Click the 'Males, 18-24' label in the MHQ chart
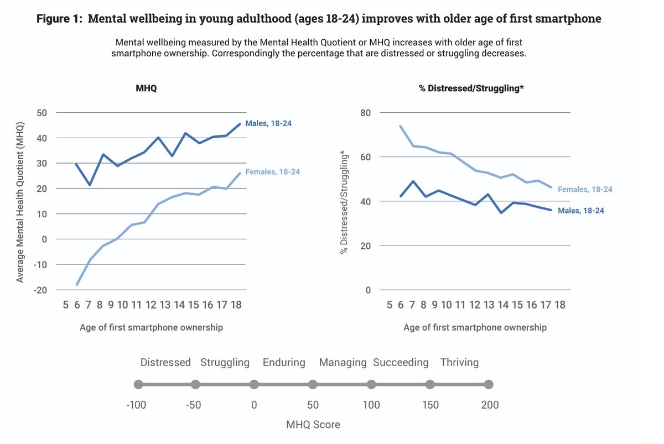point(268,124)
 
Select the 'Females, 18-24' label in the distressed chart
point(585,189)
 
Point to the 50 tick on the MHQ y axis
point(41,113)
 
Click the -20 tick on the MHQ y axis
point(40,290)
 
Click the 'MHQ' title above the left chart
point(146,88)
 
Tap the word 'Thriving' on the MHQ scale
point(459,363)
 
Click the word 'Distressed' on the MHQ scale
point(165,363)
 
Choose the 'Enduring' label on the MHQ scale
point(284,363)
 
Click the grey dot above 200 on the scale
point(489,385)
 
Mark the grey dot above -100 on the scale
point(138,385)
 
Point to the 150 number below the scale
point(430,405)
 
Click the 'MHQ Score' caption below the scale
point(313,425)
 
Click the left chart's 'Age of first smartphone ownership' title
point(151,327)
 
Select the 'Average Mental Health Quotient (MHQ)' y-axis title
point(20,201)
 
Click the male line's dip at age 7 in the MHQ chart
point(89,185)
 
